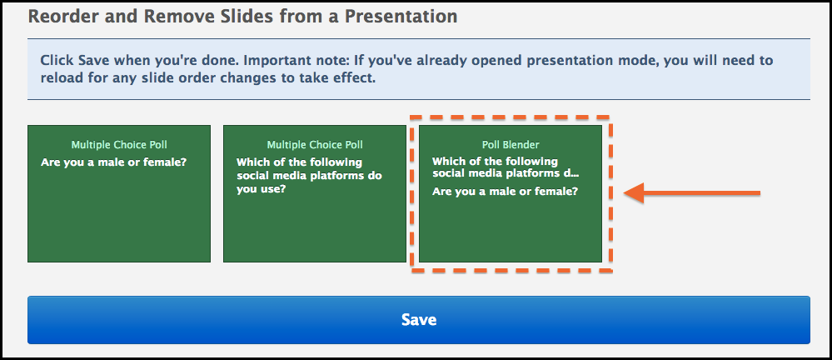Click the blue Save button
419,320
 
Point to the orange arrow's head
634,192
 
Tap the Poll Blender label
511,144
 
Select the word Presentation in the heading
401,17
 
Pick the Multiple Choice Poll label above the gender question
119,144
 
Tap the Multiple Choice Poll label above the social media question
315,144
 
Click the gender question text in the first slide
113,162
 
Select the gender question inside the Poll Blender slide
506,192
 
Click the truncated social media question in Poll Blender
506,167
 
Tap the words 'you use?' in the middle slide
261,188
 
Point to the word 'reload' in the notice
57,78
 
